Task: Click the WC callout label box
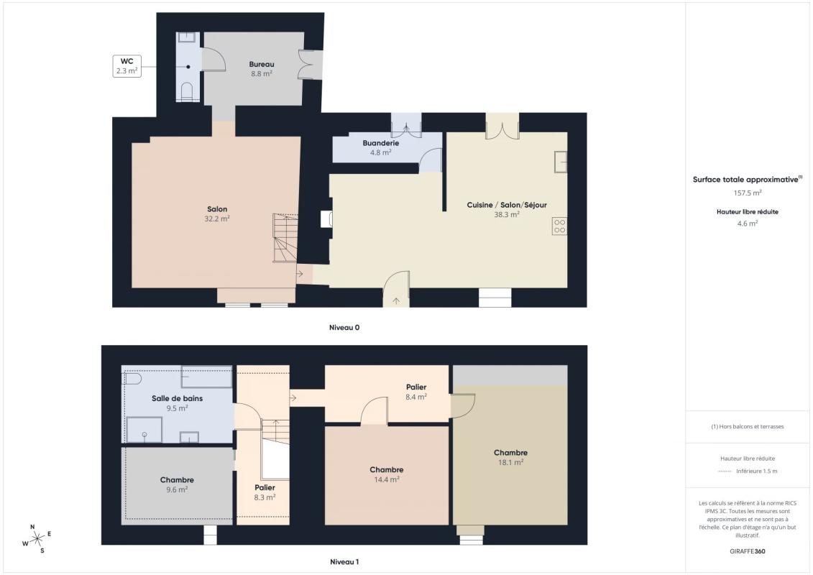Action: [x=127, y=66]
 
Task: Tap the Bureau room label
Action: [x=262, y=64]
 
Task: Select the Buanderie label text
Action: [x=380, y=143]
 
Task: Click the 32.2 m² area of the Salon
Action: [x=217, y=218]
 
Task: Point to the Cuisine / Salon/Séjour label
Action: [x=507, y=205]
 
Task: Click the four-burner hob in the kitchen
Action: [x=559, y=226]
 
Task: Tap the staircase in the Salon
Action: [x=285, y=238]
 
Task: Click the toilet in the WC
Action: [x=187, y=91]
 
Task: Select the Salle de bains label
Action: [x=177, y=399]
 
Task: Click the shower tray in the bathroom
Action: [x=144, y=429]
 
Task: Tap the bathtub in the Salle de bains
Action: [x=206, y=377]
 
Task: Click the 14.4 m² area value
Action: [x=386, y=479]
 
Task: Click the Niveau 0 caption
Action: [x=344, y=328]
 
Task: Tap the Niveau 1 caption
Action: [x=344, y=562]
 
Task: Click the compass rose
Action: [x=37, y=539]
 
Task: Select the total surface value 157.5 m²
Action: [x=747, y=193]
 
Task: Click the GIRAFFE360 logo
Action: [x=747, y=551]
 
